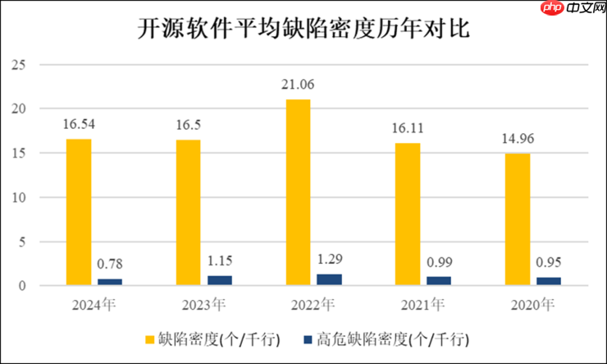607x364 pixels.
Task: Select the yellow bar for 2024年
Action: click(x=78, y=212)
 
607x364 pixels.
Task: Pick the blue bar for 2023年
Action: click(x=220, y=280)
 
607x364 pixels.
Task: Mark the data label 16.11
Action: click(x=408, y=128)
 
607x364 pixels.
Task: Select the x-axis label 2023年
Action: click(x=203, y=305)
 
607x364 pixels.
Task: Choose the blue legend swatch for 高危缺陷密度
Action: click(x=306, y=339)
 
